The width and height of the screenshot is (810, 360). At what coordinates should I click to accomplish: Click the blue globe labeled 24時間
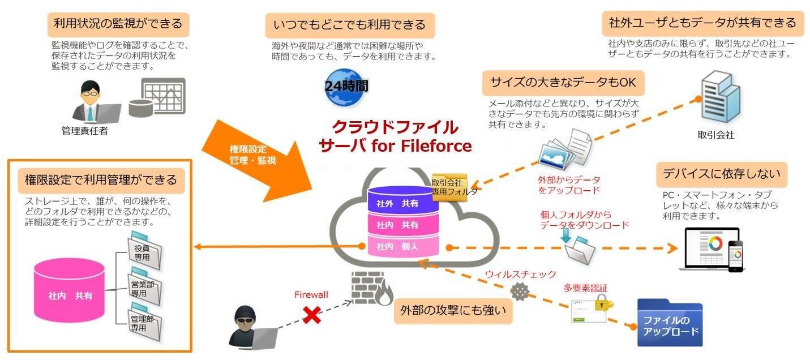pos(346,86)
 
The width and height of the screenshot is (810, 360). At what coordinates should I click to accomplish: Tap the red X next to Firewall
pos(311,315)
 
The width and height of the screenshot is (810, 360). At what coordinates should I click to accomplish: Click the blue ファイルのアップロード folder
pos(670,323)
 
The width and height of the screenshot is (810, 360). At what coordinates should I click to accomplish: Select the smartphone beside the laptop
pos(735,256)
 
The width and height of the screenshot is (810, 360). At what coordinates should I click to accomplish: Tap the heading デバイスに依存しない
pos(721,174)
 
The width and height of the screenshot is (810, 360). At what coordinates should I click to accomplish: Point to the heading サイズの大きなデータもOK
pos(563,83)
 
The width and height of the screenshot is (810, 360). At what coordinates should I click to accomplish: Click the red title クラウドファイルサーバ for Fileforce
pos(395,136)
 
